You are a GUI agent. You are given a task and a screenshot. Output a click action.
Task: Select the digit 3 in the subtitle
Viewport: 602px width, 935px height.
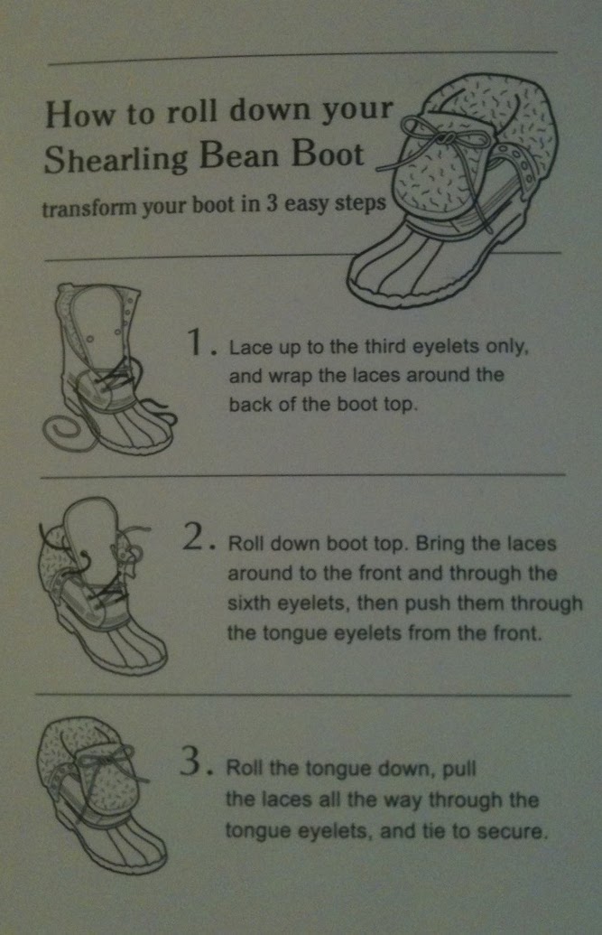coord(271,204)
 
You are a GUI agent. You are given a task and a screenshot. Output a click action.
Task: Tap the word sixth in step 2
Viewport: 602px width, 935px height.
coord(249,603)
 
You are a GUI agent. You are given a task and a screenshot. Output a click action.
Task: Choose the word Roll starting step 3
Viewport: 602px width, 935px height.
coord(245,768)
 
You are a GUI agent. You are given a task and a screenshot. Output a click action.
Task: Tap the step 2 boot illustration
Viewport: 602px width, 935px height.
coord(100,586)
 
